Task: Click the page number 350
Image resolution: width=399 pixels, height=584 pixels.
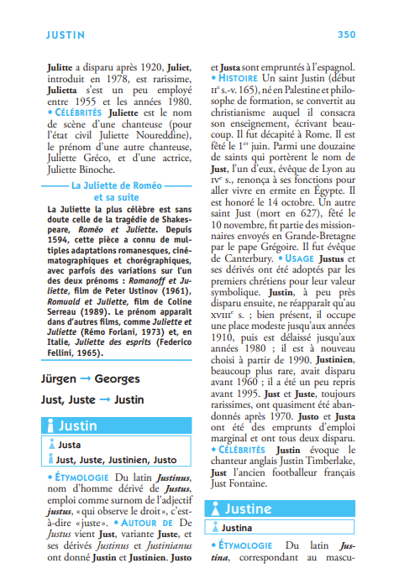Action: point(346,35)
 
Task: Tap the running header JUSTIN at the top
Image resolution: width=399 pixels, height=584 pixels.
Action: point(66,35)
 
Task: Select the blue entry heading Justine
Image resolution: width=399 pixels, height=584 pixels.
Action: point(248,508)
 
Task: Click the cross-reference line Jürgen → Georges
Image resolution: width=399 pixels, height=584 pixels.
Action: point(92,378)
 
